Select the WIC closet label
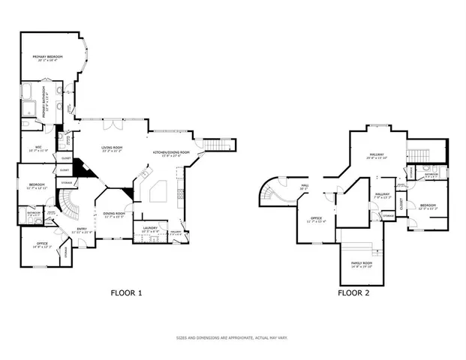click(x=38, y=148)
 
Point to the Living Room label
click(x=112, y=149)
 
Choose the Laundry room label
click(x=149, y=229)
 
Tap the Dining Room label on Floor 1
click(x=114, y=214)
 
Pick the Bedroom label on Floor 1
click(x=37, y=185)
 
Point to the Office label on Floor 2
click(x=316, y=220)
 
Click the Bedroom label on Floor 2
click(x=428, y=206)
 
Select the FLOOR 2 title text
click(x=352, y=292)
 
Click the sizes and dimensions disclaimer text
click(x=233, y=337)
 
